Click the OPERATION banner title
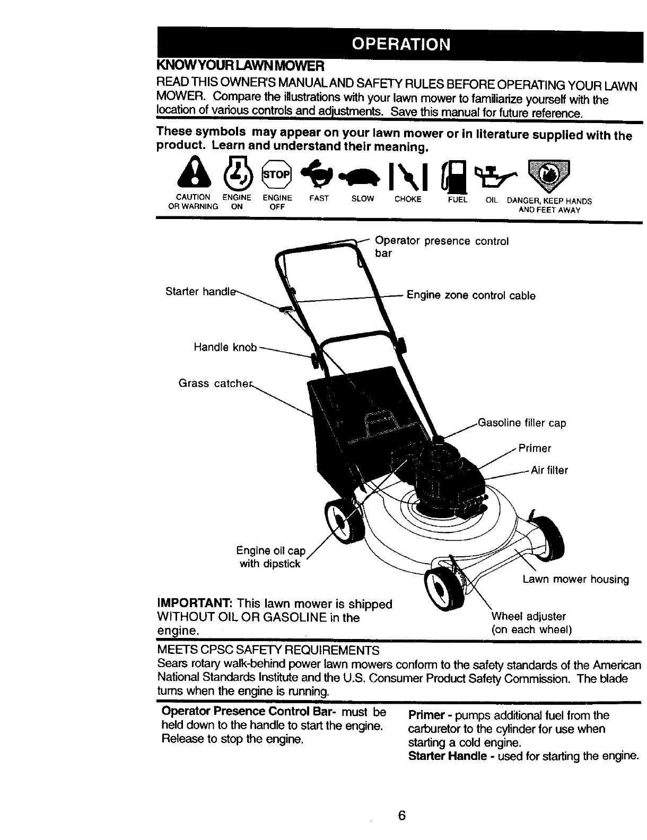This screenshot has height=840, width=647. pyautogui.click(x=401, y=43)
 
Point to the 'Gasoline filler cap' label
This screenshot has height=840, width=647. pyautogui.click(x=522, y=423)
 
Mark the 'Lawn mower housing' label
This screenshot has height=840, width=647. pyautogui.click(x=575, y=579)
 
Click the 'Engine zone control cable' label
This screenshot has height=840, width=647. pyautogui.click(x=471, y=295)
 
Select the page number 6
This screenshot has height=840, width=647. pyautogui.click(x=402, y=816)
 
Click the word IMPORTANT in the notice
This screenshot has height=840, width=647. pyautogui.click(x=194, y=604)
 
